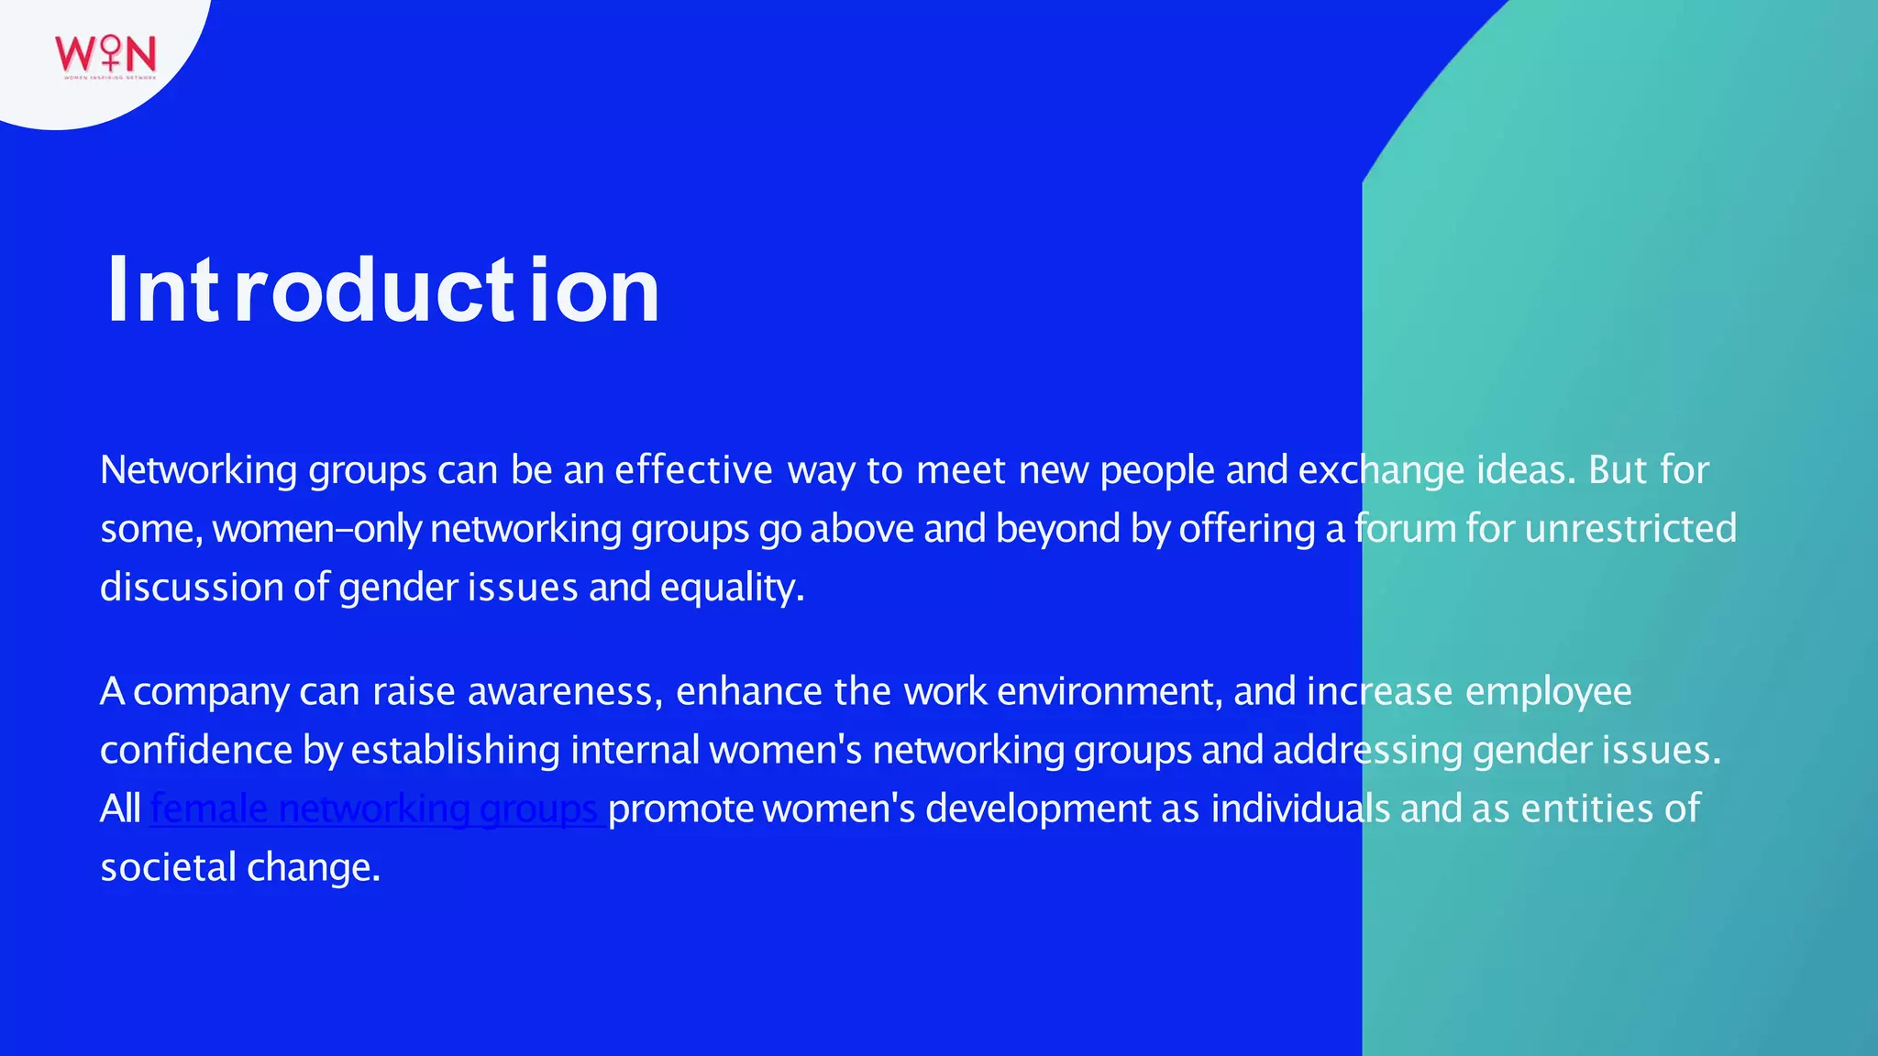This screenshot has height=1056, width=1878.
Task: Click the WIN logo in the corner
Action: (x=105, y=55)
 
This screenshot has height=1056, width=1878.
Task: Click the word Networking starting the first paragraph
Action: (x=198, y=470)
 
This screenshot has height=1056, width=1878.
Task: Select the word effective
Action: (x=693, y=470)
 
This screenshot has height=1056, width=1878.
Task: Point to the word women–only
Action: (x=316, y=529)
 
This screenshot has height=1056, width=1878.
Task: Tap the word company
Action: (x=211, y=692)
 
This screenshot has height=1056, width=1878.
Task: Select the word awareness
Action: (x=564, y=692)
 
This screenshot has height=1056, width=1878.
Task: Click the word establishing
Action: (x=455, y=750)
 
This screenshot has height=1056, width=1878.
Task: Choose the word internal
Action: (x=635, y=750)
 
